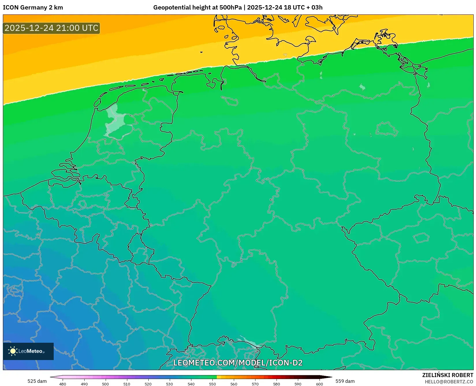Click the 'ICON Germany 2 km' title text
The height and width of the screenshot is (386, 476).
(x=33, y=8)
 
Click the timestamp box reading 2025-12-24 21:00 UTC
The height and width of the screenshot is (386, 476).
(x=51, y=28)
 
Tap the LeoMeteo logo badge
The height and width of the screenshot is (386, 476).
(x=28, y=351)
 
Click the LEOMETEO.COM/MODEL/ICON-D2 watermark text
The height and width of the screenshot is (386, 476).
(x=238, y=363)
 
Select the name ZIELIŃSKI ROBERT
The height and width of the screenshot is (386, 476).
(x=448, y=375)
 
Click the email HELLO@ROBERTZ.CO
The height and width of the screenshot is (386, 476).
(x=449, y=382)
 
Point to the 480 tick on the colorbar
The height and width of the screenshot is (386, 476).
(x=63, y=384)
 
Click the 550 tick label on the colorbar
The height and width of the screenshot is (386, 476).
(x=212, y=384)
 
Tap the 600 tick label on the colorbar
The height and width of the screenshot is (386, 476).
(x=319, y=384)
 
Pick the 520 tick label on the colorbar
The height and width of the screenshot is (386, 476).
(x=148, y=384)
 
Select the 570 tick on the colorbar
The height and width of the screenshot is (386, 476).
(x=255, y=384)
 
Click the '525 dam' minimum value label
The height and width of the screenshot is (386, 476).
(x=37, y=381)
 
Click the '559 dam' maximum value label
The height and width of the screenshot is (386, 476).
(x=345, y=381)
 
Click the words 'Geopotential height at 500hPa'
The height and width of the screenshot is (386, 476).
(x=197, y=8)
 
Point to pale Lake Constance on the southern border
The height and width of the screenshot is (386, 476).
(x=248, y=342)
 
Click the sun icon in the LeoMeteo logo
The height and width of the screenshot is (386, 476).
(x=13, y=351)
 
